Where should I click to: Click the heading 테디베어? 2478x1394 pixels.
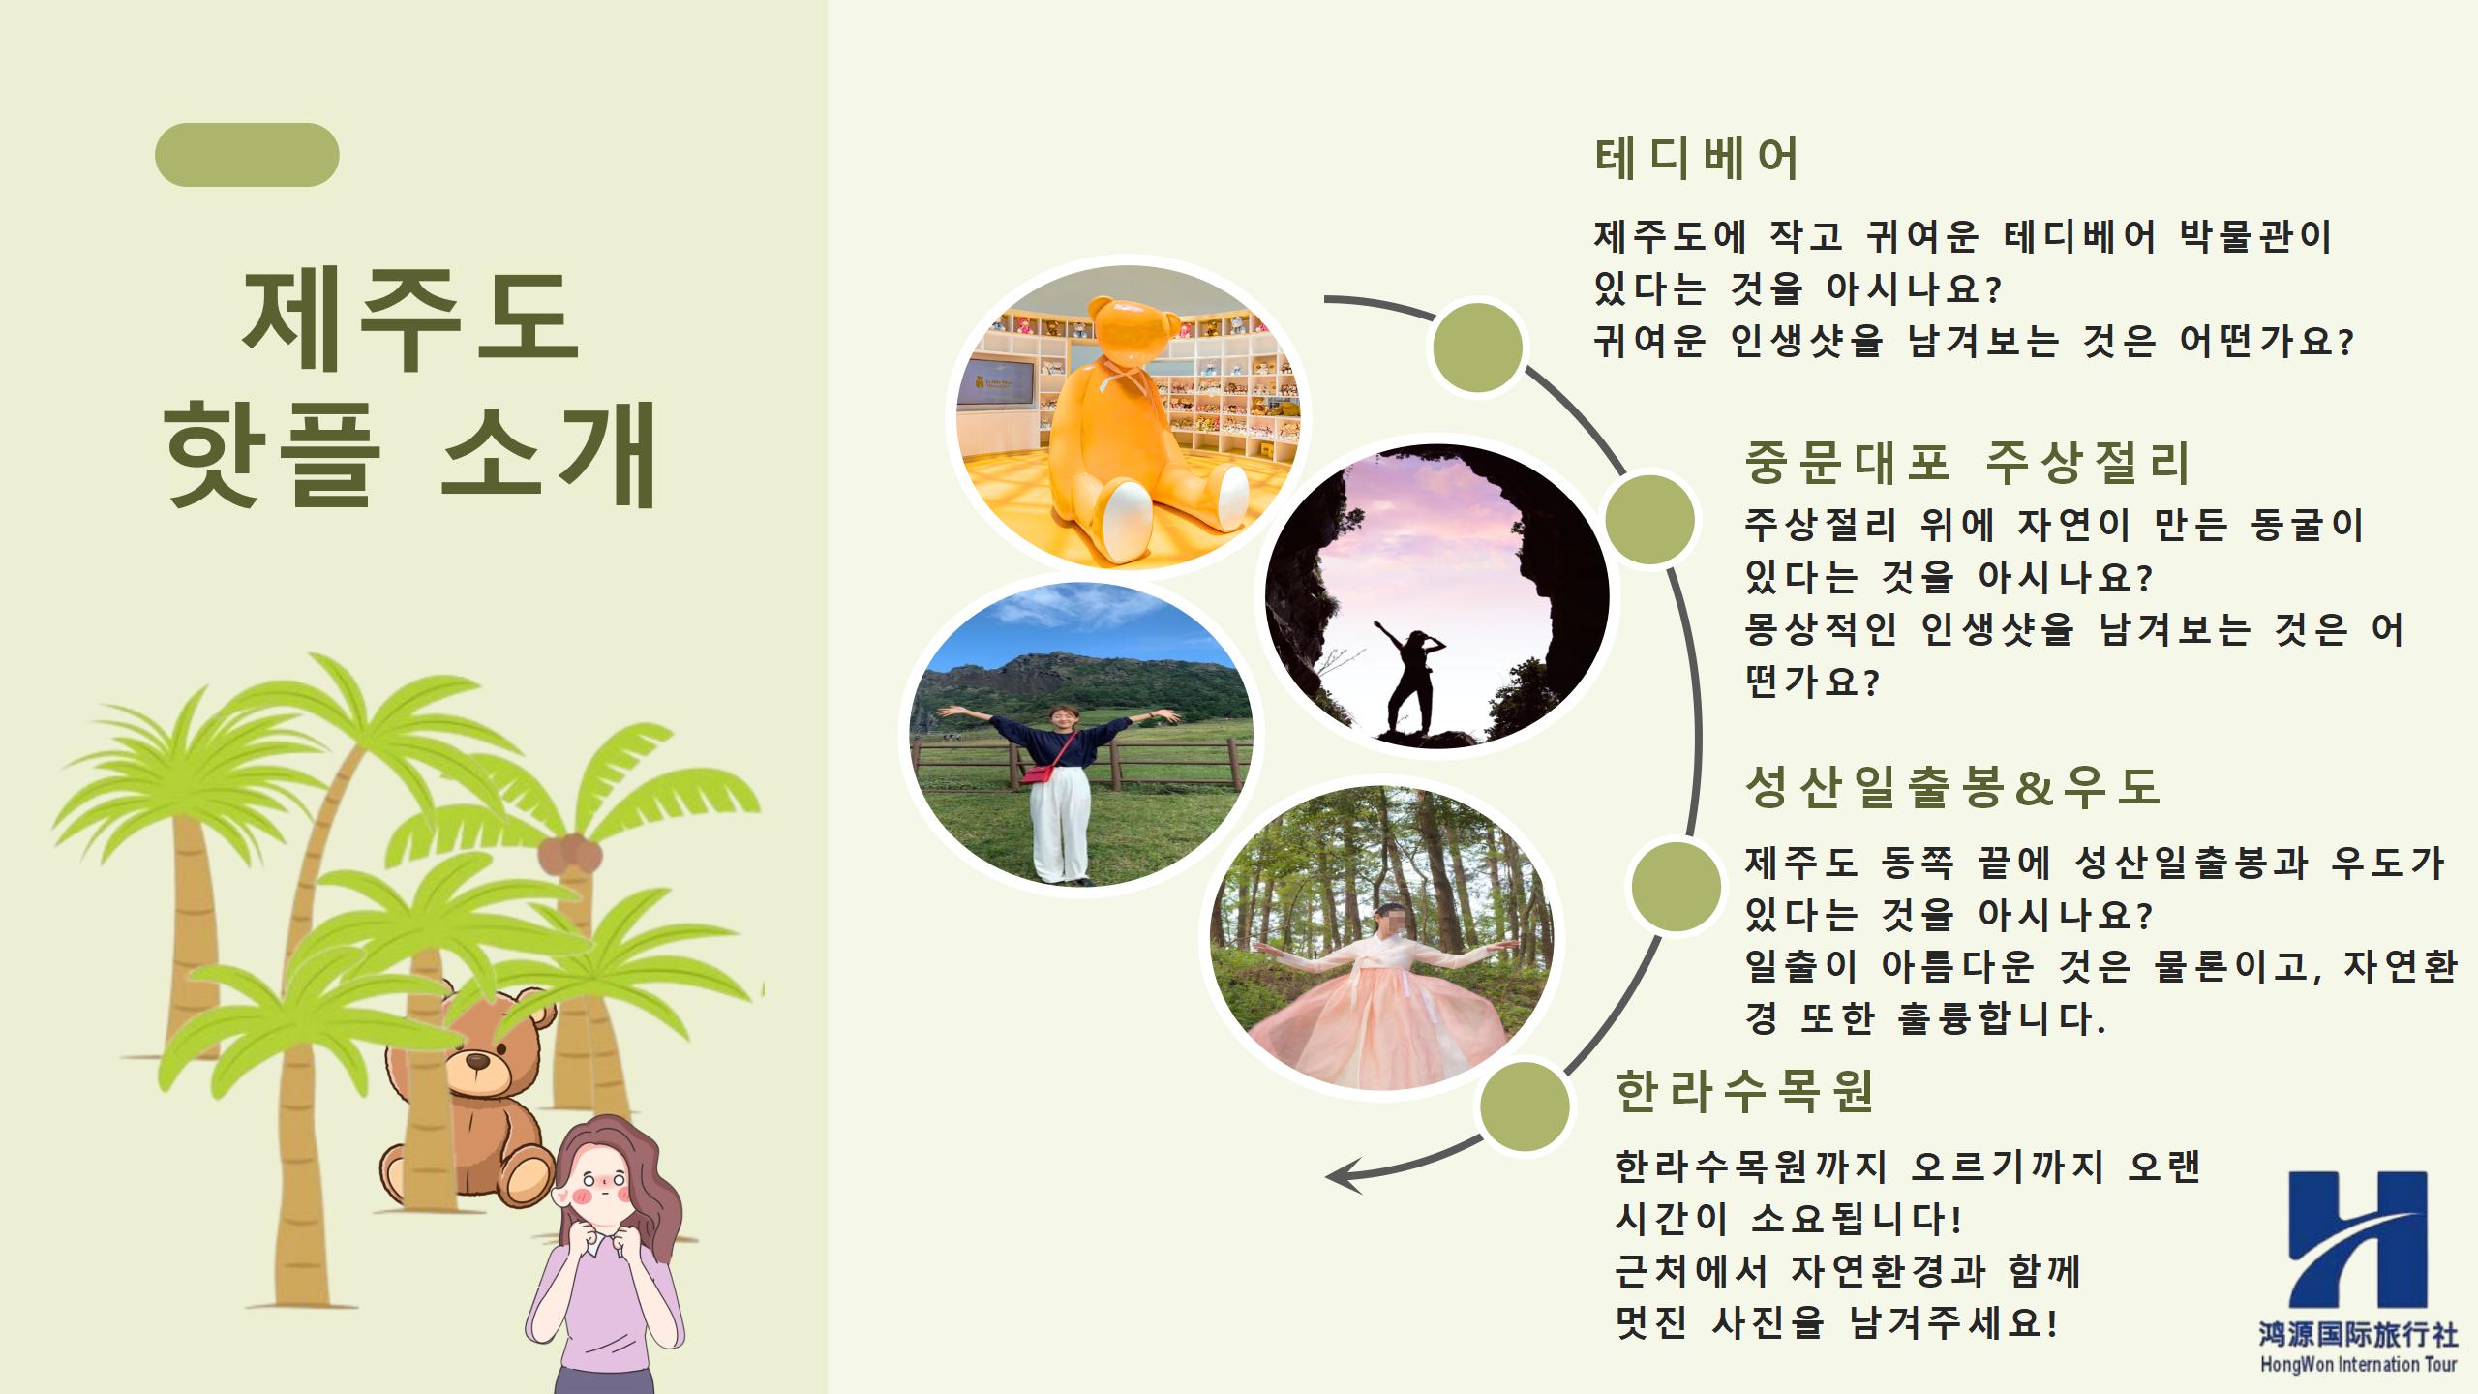[x=1696, y=159]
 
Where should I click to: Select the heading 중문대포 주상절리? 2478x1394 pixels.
[x=1966, y=463]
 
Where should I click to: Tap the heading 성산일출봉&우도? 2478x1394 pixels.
[x=1951, y=786]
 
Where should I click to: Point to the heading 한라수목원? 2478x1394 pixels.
[x=1745, y=1092]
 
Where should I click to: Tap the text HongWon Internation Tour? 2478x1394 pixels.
[x=2358, y=1365]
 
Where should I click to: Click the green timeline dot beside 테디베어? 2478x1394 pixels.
[x=1477, y=348]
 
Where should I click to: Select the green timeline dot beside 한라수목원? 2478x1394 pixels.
[x=1524, y=1107]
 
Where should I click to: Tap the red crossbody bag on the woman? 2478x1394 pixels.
[x=1037, y=774]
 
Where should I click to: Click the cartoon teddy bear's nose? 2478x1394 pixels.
[x=478, y=1062]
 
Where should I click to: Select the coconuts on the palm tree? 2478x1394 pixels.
[x=570, y=854]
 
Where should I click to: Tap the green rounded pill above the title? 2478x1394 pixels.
[x=247, y=155]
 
